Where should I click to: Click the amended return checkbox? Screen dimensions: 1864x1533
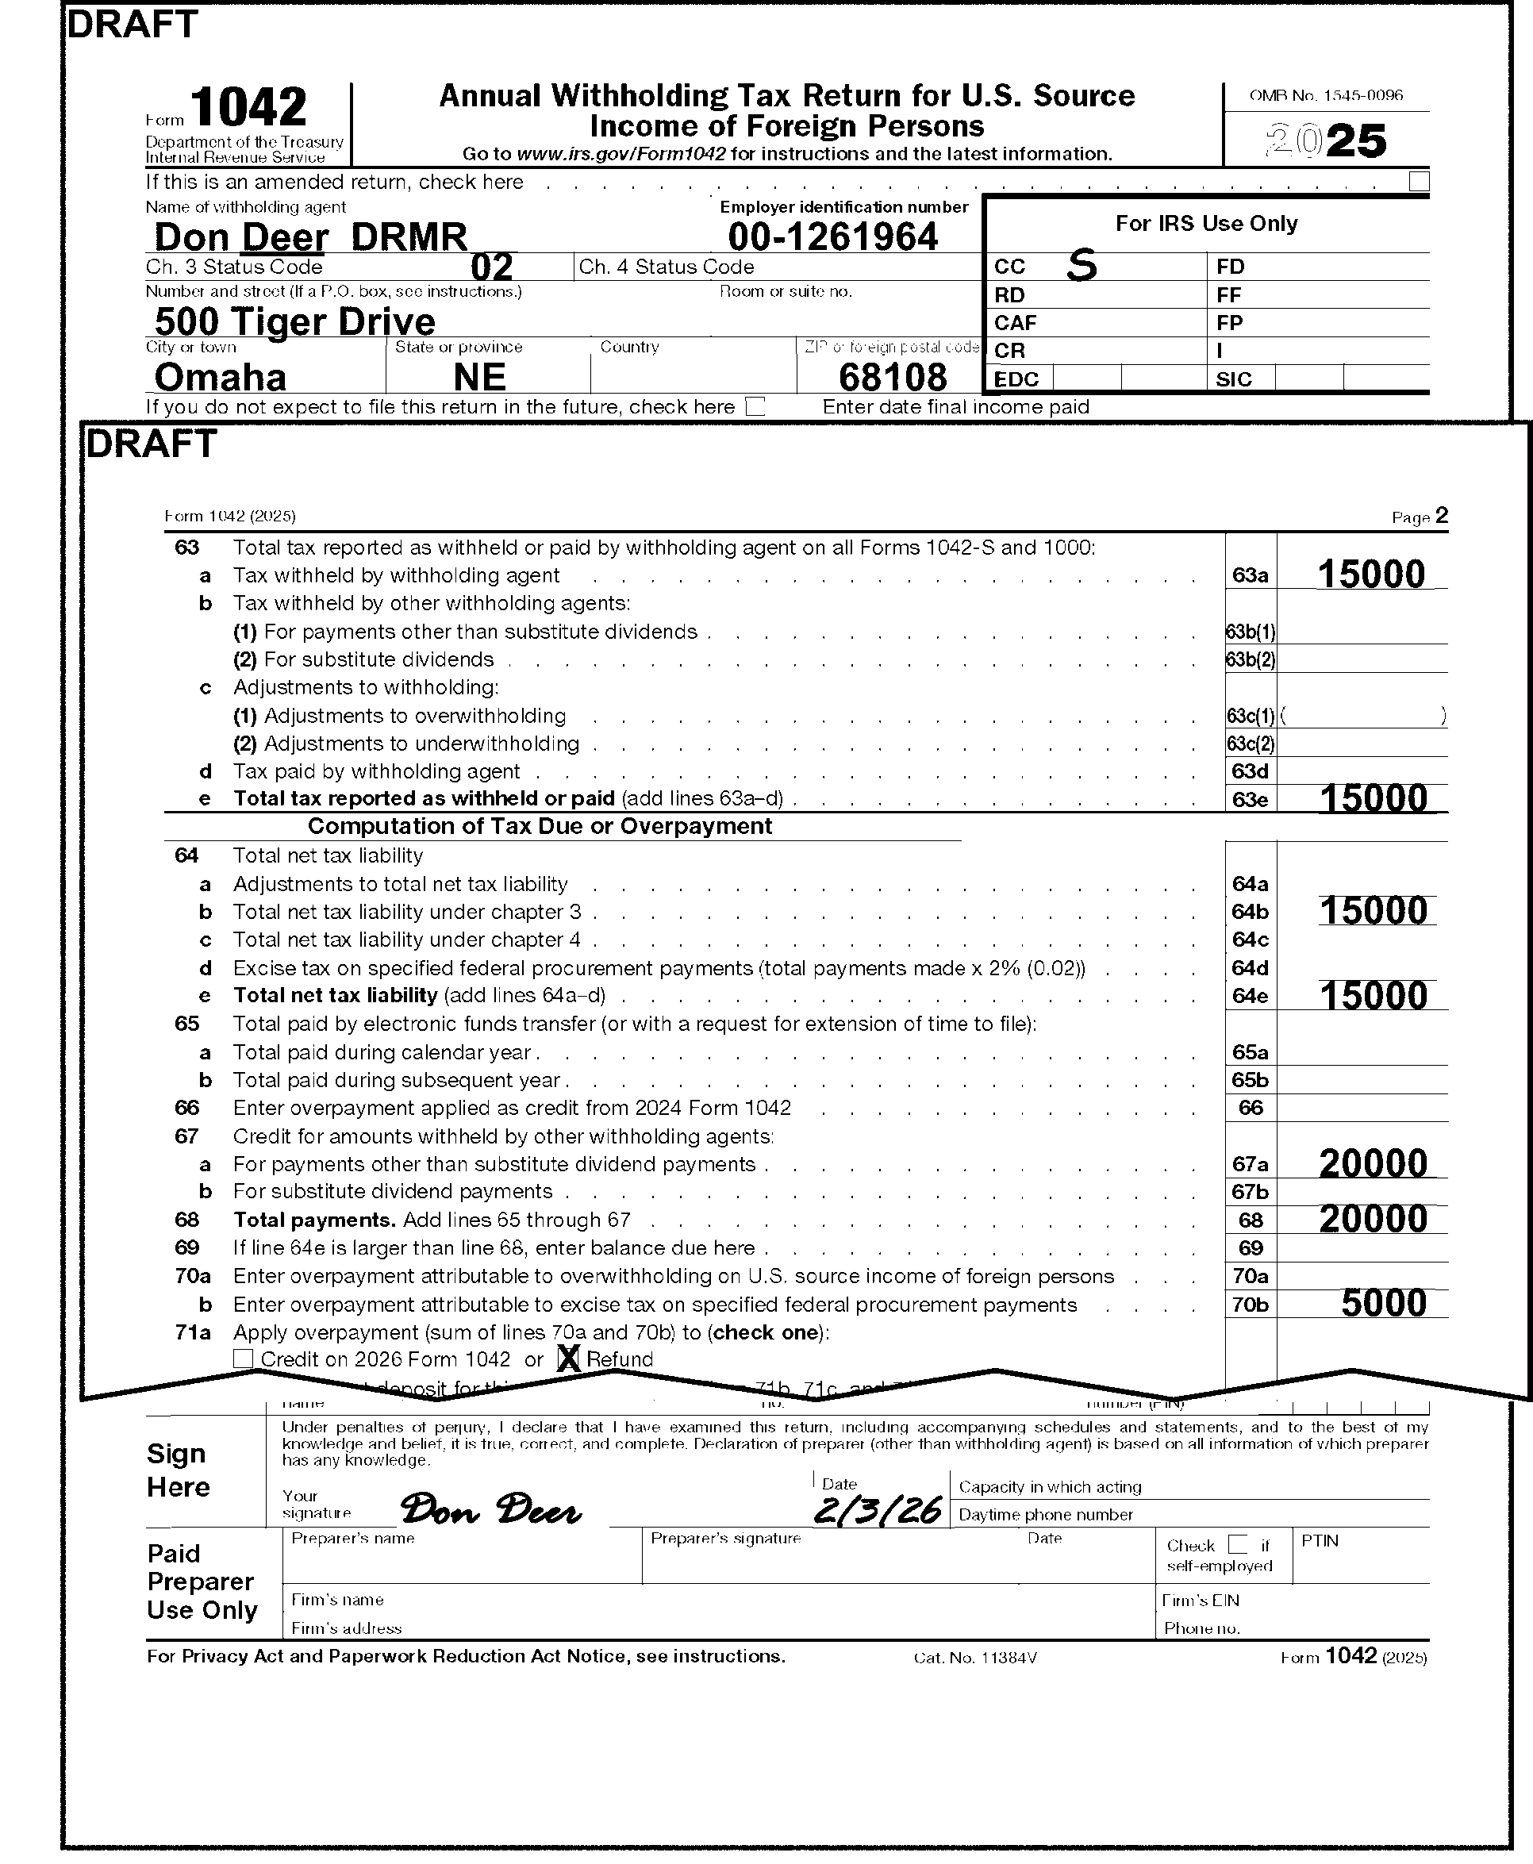(1418, 181)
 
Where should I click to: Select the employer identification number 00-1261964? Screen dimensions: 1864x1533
(832, 236)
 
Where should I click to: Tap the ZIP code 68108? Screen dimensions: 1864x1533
(892, 377)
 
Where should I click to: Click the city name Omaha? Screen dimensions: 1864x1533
(220, 377)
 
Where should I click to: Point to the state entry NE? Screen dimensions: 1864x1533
(479, 377)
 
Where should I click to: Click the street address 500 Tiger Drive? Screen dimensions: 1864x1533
(294, 321)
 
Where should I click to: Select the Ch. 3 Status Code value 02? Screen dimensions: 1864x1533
(492, 267)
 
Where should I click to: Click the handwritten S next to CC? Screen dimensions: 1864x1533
(1082, 264)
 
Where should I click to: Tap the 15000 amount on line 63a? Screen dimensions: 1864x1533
(1370, 574)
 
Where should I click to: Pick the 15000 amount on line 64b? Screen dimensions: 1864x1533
(1374, 910)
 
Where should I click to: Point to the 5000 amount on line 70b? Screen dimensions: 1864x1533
(1384, 1303)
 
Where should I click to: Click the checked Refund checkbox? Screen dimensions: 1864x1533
(569, 1359)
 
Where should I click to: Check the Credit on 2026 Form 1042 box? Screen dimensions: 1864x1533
(243, 1359)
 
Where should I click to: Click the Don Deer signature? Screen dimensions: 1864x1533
(491, 1510)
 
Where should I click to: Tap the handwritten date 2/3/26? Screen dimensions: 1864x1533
(877, 1511)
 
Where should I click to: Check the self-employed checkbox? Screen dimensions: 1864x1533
(1238, 1544)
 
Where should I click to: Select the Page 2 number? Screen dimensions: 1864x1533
(1441, 516)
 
